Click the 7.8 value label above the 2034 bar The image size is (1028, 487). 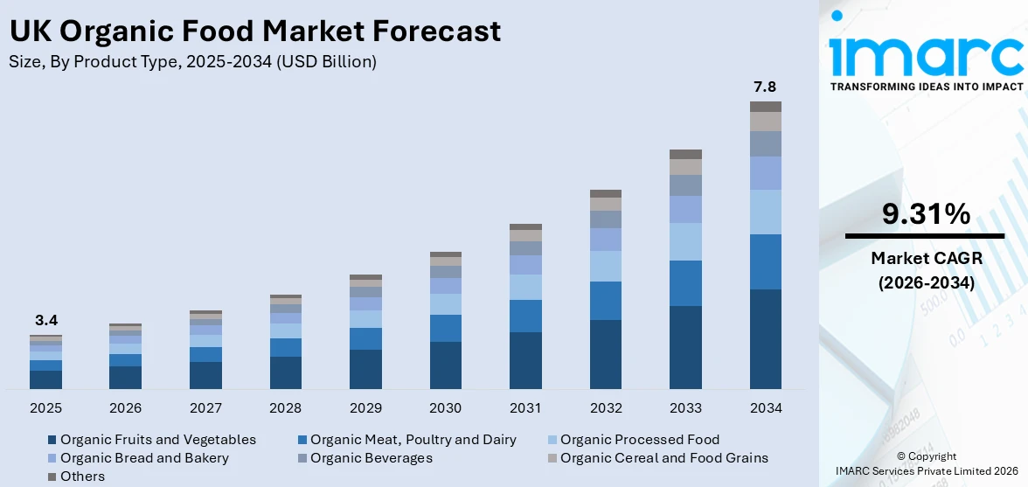point(765,87)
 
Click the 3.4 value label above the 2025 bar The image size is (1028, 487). point(45,320)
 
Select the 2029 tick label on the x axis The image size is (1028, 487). point(365,408)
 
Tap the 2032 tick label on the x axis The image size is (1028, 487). point(606,408)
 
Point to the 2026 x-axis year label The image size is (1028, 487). point(125,408)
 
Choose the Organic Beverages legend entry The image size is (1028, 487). point(371,458)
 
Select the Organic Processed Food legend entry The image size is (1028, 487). point(639,440)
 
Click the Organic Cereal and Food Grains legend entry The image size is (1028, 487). point(663,458)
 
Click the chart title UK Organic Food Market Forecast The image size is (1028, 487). point(254,31)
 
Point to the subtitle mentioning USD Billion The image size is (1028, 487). point(192,62)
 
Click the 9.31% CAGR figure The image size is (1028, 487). point(925,214)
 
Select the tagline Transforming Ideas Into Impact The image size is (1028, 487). point(926,87)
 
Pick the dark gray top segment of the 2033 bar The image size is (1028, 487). point(685,154)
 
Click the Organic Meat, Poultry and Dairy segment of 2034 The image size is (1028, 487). point(765,261)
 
